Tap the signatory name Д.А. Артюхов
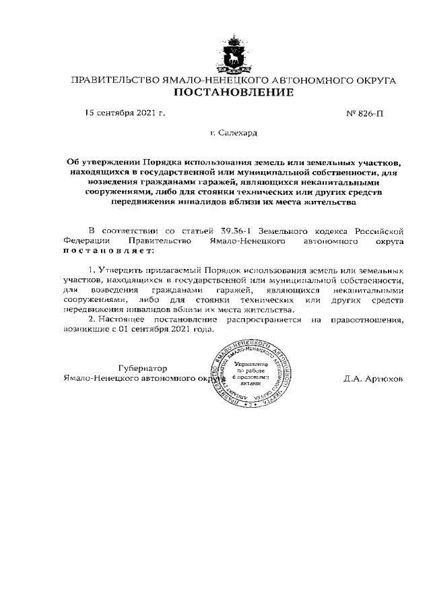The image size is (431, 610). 372,379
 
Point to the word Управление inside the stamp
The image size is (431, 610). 251,363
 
